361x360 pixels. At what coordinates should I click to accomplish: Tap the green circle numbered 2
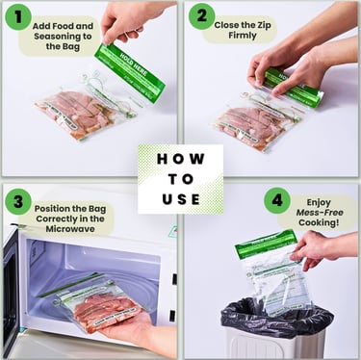point(201,16)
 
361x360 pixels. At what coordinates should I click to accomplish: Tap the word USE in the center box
point(180,199)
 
